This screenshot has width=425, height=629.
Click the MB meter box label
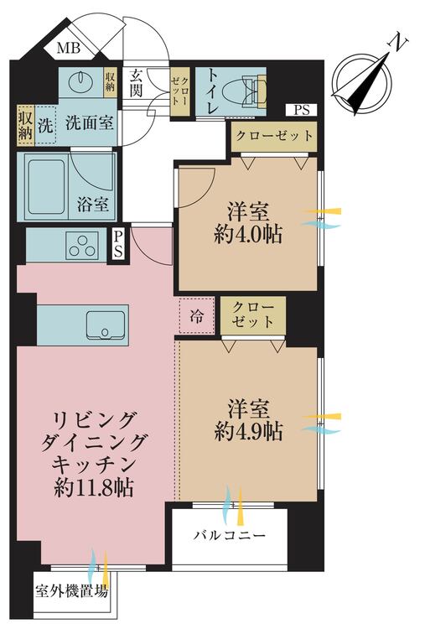69,49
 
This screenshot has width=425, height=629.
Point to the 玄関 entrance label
137,82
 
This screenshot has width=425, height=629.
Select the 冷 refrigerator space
195,316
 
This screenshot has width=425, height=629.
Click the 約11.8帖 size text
94,487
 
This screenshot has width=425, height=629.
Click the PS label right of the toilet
301,109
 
